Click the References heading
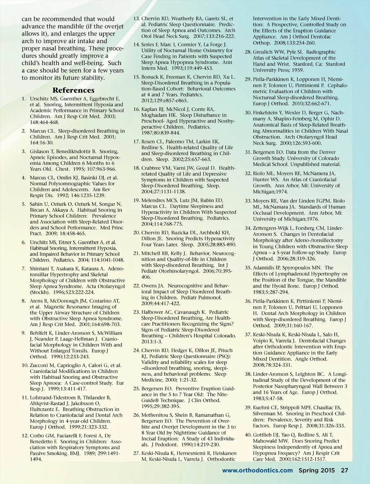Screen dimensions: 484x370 [73, 90]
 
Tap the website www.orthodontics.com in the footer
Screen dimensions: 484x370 [257, 470]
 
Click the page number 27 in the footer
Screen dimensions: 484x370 [344, 470]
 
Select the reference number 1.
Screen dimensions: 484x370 [23, 99]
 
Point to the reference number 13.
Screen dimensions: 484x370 [137, 19]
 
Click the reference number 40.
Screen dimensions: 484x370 [248, 435]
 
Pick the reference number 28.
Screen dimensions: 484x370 [248, 52]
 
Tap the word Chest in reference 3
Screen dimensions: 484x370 [63, 169]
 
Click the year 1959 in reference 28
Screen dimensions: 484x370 [298, 70]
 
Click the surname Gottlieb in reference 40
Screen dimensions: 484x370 [263, 435]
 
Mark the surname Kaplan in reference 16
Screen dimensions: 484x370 [150, 109]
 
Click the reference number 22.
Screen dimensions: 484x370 [137, 286]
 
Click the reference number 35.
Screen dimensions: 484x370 [248, 268]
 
